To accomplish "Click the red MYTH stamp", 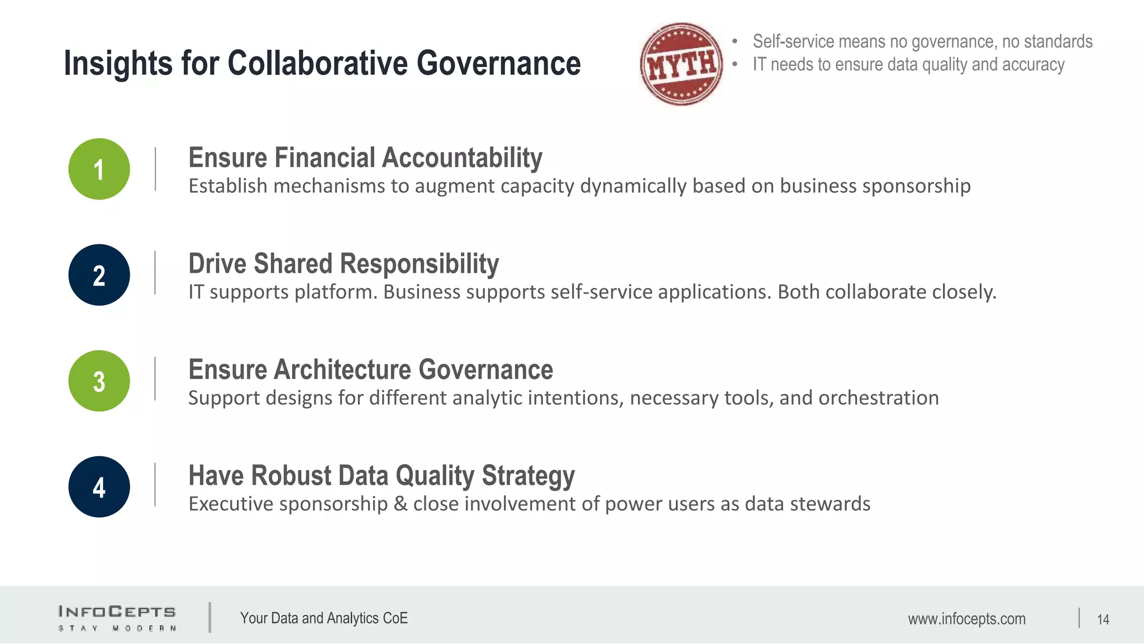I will [x=681, y=64].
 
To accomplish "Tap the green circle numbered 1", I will [x=99, y=169].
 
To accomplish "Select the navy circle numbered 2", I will [x=99, y=275].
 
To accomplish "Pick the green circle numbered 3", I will [x=99, y=381].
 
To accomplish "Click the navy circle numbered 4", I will [x=99, y=487].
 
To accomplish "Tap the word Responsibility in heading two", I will [x=419, y=264].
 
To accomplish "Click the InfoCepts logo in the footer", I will [x=117, y=618].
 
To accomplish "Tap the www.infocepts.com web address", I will [x=966, y=619].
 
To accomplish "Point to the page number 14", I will [x=1103, y=619].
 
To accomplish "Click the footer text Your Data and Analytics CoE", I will [x=323, y=618].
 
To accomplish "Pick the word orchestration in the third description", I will [x=878, y=398].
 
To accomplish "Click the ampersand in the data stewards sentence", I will [x=400, y=504].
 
